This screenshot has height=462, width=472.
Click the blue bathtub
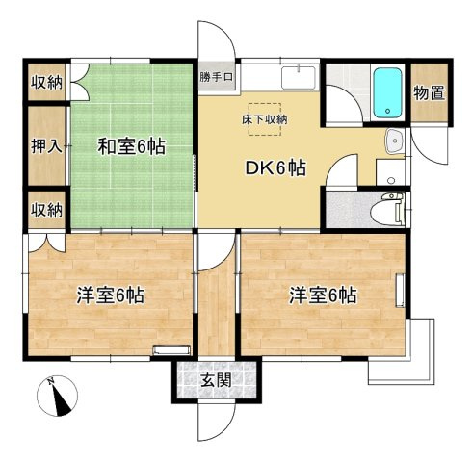[388, 92]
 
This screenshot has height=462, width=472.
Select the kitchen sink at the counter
[299, 78]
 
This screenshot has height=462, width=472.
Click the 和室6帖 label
[131, 146]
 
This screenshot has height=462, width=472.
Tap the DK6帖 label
[275, 168]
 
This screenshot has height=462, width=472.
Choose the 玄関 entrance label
[217, 381]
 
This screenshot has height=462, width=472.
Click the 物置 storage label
[430, 93]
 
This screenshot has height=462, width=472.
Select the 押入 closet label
[46, 146]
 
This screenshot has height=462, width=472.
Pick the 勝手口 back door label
[216, 77]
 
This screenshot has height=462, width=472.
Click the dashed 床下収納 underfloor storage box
[265, 119]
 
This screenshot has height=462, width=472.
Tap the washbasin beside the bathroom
[394, 141]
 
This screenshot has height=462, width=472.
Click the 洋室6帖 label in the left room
[111, 295]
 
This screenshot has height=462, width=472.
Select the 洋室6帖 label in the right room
[323, 295]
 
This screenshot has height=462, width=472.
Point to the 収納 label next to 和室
[46, 83]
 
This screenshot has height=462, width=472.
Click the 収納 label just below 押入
[46, 210]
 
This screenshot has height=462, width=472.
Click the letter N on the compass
[50, 382]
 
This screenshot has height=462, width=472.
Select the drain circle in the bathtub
[388, 112]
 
